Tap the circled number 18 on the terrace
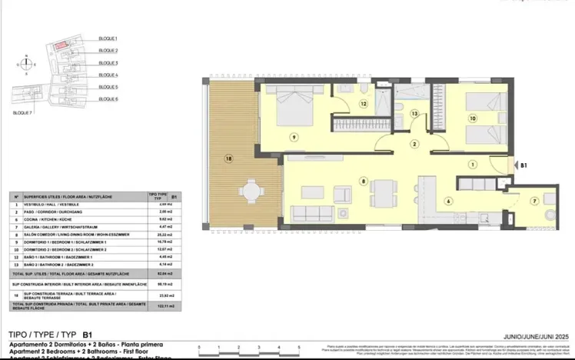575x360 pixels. click(228, 160)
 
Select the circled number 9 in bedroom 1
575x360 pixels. click(293, 136)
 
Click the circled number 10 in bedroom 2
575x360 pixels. click(473, 118)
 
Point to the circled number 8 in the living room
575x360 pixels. click(362, 181)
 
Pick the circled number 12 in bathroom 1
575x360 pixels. click(362, 102)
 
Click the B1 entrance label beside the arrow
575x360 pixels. click(523, 165)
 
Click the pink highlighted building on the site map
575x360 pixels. click(59, 48)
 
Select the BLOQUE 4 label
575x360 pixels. click(108, 75)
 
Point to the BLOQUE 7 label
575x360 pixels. click(23, 112)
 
